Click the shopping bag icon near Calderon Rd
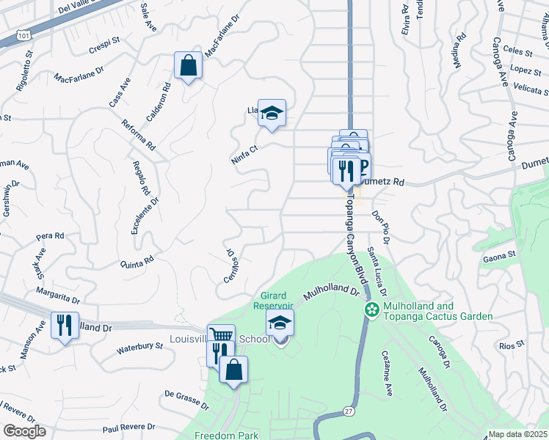click(189, 65)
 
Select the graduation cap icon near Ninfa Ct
click(272, 113)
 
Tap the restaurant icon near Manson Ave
click(65, 325)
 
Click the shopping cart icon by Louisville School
click(221, 337)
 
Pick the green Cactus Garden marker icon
click(373, 310)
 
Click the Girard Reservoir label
click(274, 301)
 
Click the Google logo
click(24, 432)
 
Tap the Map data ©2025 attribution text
click(517, 435)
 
